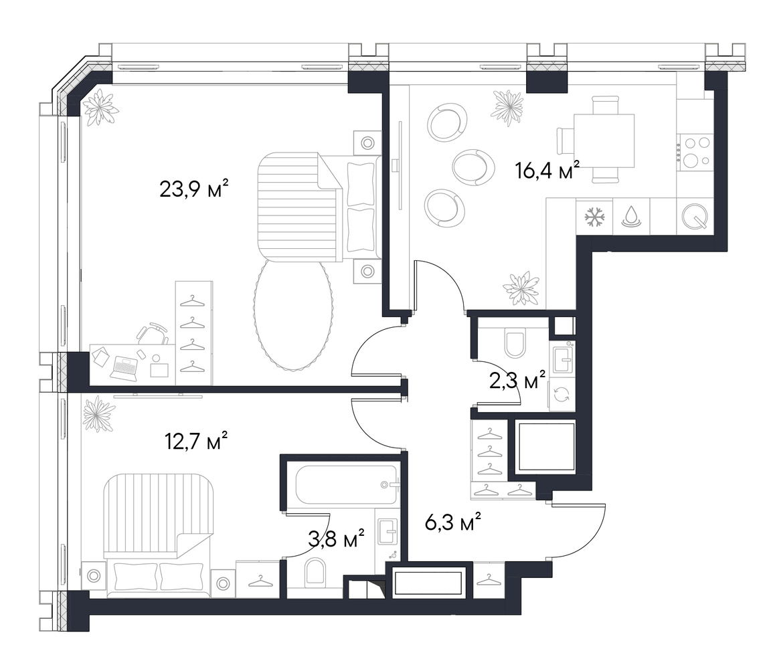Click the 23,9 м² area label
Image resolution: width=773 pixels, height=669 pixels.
point(193,189)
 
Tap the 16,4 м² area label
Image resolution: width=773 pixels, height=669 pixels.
point(547,171)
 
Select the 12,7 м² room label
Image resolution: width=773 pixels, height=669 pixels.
point(195,442)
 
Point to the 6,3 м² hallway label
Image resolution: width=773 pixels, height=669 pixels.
point(452,522)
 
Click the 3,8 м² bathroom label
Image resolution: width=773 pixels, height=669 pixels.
point(336,539)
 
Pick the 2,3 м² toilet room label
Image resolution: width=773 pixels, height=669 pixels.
point(517,380)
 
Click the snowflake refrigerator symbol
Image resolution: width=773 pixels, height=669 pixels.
point(594,217)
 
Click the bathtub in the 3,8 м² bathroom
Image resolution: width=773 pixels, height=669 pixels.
point(347,485)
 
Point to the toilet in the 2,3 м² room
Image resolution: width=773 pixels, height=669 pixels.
point(516,344)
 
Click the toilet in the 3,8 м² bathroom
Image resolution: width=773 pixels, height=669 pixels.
point(315,573)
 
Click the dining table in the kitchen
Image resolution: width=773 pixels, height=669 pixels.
point(604,140)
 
